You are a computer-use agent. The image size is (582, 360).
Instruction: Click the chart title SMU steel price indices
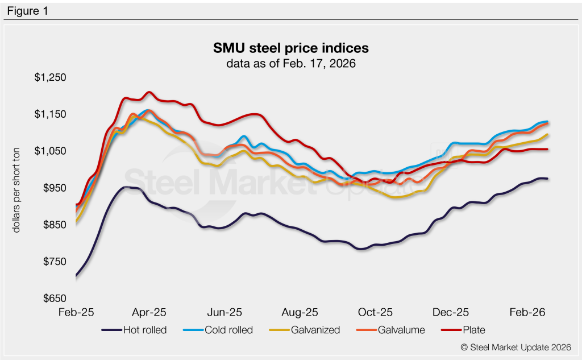click(290, 47)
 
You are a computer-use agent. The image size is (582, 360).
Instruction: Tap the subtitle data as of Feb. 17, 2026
click(290, 63)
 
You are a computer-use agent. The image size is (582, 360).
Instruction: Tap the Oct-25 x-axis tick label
click(376, 312)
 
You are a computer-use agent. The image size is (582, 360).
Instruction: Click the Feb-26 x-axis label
click(526, 312)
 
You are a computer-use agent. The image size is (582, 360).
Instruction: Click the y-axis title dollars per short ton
click(16, 188)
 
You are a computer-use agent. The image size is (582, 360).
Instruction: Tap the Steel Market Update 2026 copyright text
click(516, 346)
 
